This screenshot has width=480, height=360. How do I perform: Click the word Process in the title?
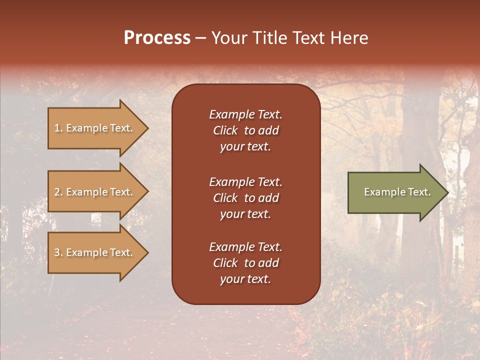pyautogui.click(x=157, y=38)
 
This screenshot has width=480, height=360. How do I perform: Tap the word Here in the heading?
pyautogui.click(x=349, y=38)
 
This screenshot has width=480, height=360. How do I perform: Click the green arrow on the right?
pyautogui.click(x=395, y=192)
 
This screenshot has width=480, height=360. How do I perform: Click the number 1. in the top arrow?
pyautogui.click(x=58, y=128)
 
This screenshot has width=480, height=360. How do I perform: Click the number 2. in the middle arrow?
pyautogui.click(x=58, y=192)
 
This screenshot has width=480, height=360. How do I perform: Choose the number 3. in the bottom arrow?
pyautogui.click(x=58, y=253)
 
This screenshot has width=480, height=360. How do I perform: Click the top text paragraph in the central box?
pyautogui.click(x=245, y=130)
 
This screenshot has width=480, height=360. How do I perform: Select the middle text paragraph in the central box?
pyautogui.click(x=245, y=198)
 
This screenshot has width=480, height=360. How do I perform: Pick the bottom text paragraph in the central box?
pyautogui.click(x=245, y=263)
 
